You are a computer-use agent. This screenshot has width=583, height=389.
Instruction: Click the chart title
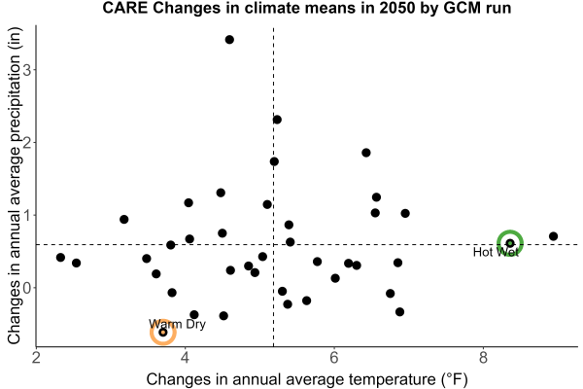(x=307, y=8)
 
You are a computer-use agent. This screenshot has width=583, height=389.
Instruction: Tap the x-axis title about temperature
(x=307, y=379)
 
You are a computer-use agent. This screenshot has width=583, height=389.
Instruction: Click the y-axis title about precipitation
(x=16, y=186)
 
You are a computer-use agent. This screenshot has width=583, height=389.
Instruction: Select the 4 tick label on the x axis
(x=186, y=358)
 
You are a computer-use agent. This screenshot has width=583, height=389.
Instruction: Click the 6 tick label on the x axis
(x=334, y=358)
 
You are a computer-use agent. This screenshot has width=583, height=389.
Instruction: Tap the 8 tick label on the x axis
(x=483, y=358)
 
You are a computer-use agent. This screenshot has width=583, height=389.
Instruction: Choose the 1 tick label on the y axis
(x=27, y=216)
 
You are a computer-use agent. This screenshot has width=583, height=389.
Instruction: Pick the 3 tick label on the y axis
(x=27, y=70)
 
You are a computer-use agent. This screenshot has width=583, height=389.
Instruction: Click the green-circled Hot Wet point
(x=510, y=243)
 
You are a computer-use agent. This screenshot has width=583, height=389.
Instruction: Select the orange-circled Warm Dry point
(x=163, y=332)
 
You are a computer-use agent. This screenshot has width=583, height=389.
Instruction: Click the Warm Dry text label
(x=178, y=324)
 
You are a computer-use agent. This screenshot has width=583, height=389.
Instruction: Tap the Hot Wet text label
(x=496, y=253)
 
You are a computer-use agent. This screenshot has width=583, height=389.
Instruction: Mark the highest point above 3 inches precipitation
(x=229, y=40)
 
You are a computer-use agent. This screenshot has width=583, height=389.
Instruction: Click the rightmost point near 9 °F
(x=553, y=236)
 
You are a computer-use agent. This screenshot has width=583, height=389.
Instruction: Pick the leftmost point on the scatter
(x=60, y=257)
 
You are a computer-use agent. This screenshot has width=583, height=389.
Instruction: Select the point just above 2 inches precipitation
(x=277, y=120)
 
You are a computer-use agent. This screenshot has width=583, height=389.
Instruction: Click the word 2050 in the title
(x=396, y=8)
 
